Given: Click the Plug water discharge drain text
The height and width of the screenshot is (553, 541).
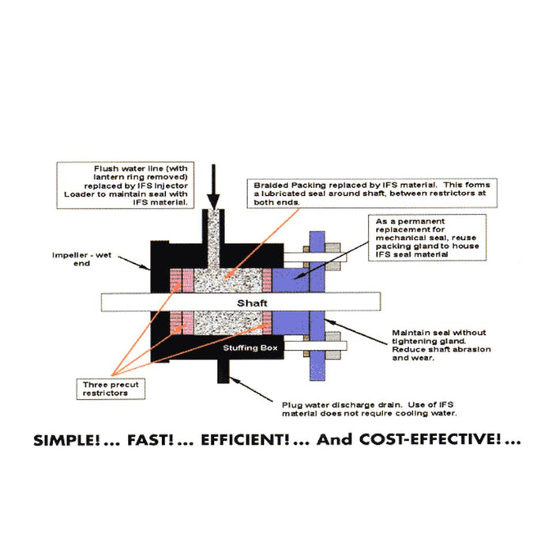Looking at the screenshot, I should (x=370, y=408).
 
